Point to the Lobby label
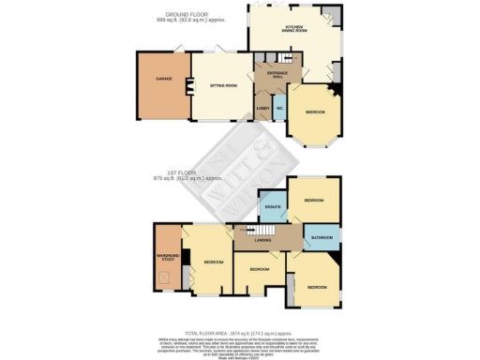263,109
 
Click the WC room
279,109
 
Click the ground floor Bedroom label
315,112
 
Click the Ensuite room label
274,206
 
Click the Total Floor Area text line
239,332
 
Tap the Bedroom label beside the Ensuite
315,201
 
